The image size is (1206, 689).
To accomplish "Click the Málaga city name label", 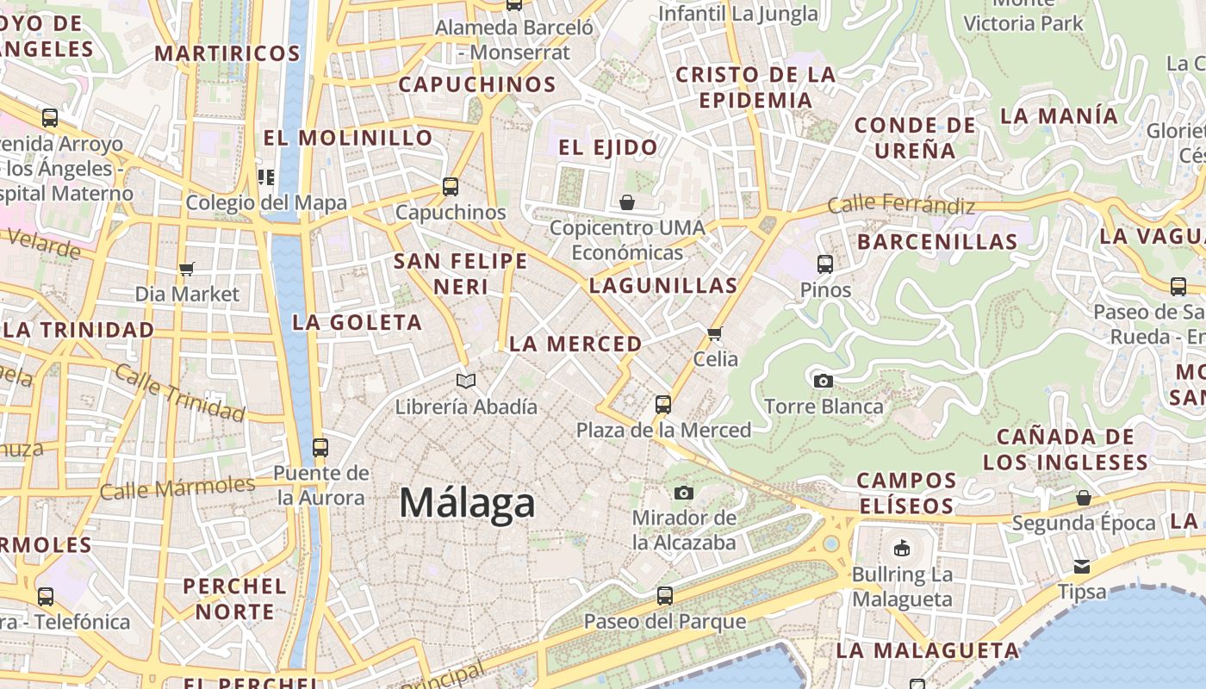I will (467, 502).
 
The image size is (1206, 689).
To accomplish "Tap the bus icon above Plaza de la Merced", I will (662, 404).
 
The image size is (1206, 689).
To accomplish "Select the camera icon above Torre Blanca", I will (823, 381).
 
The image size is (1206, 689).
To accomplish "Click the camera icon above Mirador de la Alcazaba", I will (684, 493).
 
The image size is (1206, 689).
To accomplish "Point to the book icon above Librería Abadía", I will (466, 381).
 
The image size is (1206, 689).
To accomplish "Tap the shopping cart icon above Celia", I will (714, 333).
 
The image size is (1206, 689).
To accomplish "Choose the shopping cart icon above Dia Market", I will (187, 269).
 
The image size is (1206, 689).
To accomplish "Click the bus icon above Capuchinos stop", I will (450, 186).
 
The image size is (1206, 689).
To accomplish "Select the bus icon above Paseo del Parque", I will (664, 595).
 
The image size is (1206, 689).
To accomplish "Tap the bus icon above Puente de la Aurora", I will (320, 447).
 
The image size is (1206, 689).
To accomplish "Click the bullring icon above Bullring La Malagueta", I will (902, 548).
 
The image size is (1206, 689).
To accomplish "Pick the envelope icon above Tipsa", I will (1081, 567).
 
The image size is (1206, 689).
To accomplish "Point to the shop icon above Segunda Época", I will (1084, 498).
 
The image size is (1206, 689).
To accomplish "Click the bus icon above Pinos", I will (824, 264).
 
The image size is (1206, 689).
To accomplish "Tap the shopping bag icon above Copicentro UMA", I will (627, 202).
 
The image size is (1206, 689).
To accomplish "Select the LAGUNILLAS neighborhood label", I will (663, 286).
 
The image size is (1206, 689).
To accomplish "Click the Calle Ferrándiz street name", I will (901, 205).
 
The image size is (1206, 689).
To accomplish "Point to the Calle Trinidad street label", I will (179, 392).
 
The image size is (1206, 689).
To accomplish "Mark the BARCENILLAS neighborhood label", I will (937, 242).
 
